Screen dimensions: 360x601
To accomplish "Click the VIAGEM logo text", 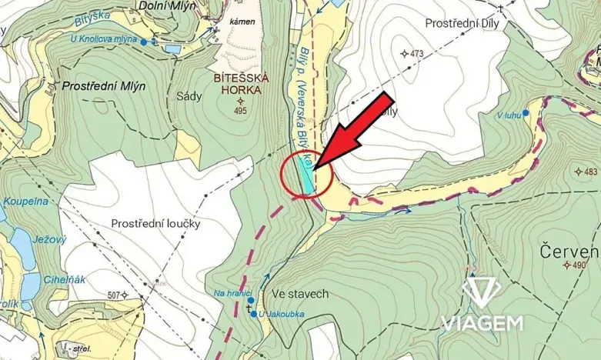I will point(482,323).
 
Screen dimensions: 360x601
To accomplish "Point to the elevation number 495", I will point(241,111).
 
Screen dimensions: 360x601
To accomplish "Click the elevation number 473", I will point(417,54).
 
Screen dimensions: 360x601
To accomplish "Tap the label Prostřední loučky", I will point(156,224).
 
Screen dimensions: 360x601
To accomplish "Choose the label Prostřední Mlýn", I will point(104,86).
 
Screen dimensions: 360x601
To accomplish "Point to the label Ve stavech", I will point(300,294).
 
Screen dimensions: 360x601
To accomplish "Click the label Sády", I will point(189,96).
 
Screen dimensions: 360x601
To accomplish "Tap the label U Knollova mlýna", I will point(104,38).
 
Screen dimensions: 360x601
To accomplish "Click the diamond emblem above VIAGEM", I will point(482,294).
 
